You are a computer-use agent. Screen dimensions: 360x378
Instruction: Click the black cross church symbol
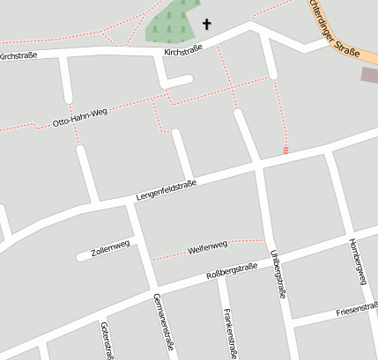[x=207, y=25]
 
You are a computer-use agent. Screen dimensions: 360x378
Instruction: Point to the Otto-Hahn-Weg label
[x=79, y=115]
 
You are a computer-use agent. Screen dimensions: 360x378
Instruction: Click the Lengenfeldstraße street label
[x=166, y=188]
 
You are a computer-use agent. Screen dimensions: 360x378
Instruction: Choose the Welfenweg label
[x=208, y=249]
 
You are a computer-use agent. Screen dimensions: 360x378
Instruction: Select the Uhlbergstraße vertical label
[x=278, y=273]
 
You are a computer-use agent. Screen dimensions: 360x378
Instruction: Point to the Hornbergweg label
[x=356, y=261]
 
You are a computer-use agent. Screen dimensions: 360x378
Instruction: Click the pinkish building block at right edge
[x=369, y=75]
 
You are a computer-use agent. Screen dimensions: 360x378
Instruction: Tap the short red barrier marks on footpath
[x=285, y=151]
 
